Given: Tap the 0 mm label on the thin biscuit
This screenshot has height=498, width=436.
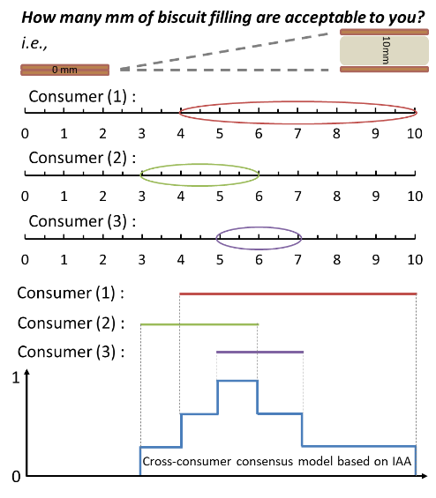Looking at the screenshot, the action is click(x=64, y=70).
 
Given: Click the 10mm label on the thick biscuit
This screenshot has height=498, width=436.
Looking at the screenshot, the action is click(x=386, y=50).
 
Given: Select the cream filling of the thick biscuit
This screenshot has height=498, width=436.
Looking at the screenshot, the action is click(x=384, y=50).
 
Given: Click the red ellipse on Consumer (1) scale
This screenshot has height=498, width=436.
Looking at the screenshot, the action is click(x=298, y=102).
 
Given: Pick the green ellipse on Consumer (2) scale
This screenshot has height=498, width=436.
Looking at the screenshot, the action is click(x=199, y=165).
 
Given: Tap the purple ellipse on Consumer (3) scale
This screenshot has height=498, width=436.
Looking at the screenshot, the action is click(x=259, y=227).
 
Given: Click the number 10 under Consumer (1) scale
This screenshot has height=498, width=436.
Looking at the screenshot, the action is click(x=414, y=134).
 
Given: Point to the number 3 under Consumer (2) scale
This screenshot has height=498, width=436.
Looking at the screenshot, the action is click(x=141, y=197).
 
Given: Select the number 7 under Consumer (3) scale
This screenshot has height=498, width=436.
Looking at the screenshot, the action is click(x=297, y=260).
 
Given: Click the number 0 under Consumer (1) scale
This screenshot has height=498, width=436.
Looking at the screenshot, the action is click(x=25, y=134).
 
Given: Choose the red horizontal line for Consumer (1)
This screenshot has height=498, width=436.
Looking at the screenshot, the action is click(x=298, y=294).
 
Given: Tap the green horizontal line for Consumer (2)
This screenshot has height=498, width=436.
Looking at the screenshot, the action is click(x=199, y=324).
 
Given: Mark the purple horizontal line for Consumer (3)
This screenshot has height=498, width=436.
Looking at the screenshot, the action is click(x=259, y=352).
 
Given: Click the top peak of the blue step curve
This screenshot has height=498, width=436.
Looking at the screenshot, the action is click(x=237, y=381).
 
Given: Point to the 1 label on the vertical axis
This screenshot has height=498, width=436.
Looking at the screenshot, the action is click(x=16, y=378).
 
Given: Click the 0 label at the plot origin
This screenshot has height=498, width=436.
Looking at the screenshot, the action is click(x=16, y=476).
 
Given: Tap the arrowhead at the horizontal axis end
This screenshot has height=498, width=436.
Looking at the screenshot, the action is click(x=425, y=476).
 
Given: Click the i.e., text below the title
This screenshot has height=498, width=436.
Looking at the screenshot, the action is click(x=34, y=43).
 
